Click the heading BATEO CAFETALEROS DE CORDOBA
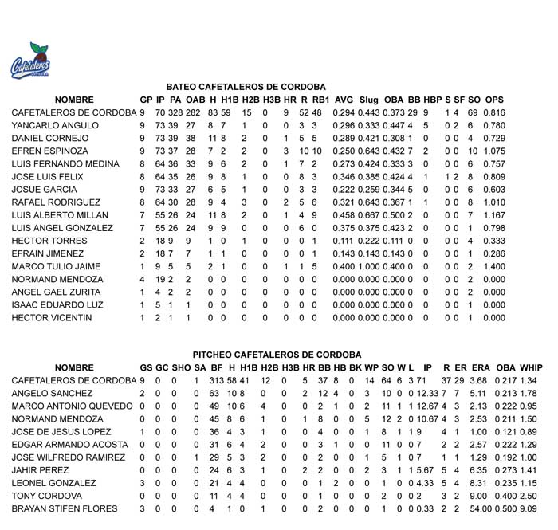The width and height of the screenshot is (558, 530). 246,86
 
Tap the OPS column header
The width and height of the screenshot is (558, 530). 494,100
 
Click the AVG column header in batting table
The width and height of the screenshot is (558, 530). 344,100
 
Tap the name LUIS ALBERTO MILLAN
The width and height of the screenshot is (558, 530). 60,215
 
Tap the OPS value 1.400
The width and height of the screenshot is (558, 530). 494,266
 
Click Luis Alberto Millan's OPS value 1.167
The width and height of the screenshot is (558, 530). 494,215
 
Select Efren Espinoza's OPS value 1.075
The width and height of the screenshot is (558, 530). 494,151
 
